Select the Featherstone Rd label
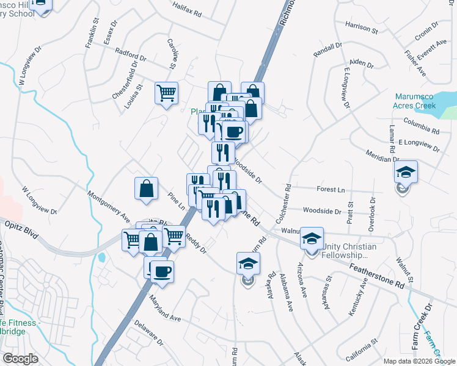point(377,276)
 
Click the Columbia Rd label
point(422,129)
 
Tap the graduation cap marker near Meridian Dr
point(404,172)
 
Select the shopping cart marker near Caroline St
point(166,93)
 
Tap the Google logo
point(21,359)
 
